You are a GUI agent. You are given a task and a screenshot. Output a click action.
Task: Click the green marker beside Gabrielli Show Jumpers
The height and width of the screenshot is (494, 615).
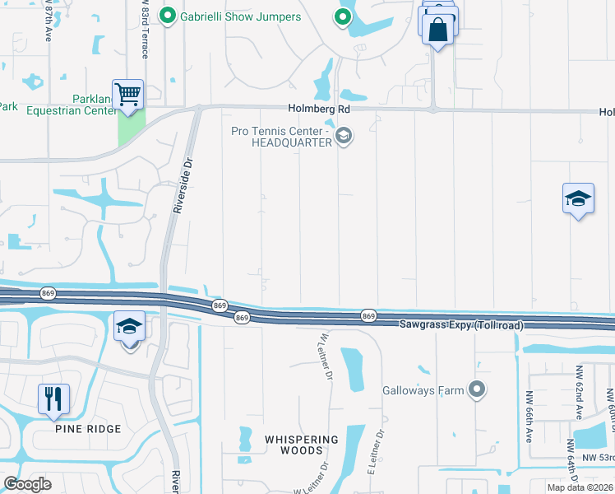169,16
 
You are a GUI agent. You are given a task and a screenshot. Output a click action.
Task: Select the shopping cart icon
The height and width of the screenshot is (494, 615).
128,95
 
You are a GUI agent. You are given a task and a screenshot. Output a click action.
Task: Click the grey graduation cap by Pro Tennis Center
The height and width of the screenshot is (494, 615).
344,136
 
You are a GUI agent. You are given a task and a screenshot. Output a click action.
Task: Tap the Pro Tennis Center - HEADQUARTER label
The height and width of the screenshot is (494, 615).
292,137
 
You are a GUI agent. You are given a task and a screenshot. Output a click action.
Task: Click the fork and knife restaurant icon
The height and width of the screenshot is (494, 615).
53,398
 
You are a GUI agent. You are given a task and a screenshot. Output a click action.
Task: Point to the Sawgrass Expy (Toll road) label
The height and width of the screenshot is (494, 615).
461,326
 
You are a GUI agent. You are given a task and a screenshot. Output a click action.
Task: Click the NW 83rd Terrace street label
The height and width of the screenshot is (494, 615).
145,29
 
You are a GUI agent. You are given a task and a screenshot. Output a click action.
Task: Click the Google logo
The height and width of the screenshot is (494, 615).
27,484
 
